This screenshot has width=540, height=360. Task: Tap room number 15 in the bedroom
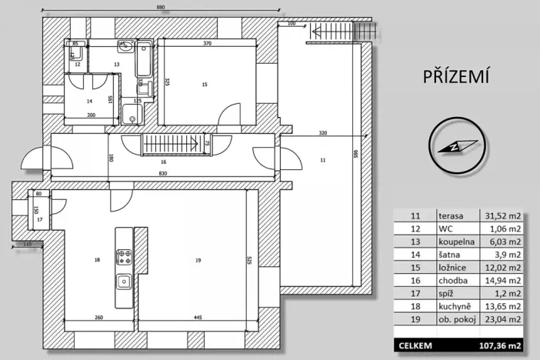[x=204, y=85]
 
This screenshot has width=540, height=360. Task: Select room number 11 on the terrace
[x=323, y=158]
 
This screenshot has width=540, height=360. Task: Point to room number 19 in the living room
[x=198, y=262]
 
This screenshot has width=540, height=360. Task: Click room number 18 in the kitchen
[x=97, y=261]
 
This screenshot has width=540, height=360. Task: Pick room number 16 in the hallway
[x=163, y=162]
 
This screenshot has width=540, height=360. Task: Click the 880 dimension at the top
[x=161, y=8]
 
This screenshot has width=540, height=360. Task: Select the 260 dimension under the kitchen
[x=100, y=317]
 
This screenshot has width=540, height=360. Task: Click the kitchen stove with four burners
[x=124, y=255]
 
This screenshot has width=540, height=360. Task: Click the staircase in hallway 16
[x=175, y=144]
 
